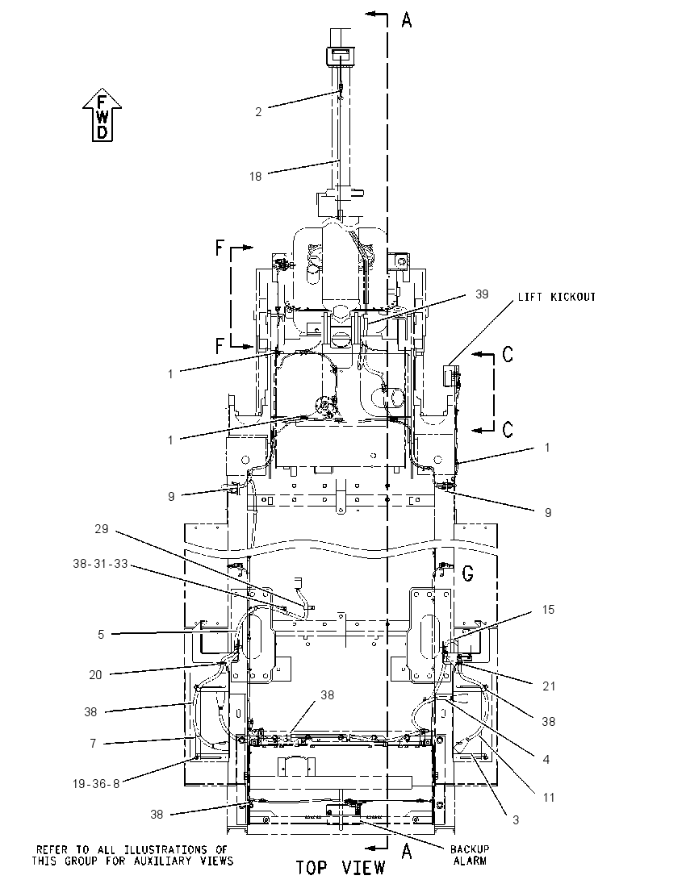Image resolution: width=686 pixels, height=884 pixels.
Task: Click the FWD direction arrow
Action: click(x=102, y=115)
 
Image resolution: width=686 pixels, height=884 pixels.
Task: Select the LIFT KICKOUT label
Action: click(x=557, y=297)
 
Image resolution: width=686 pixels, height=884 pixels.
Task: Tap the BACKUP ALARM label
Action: click(x=470, y=855)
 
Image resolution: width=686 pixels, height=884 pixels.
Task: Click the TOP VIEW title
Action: click(x=341, y=868)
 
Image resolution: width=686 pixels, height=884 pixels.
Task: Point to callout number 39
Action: click(x=482, y=294)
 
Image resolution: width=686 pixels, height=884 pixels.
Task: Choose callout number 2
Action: click(x=258, y=112)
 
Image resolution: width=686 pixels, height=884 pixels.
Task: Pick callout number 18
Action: click(x=256, y=177)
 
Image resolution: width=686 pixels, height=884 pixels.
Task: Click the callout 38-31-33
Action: click(x=100, y=563)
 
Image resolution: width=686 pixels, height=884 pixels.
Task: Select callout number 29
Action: click(x=102, y=529)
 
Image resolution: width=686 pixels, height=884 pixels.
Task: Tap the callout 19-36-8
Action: click(x=97, y=784)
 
